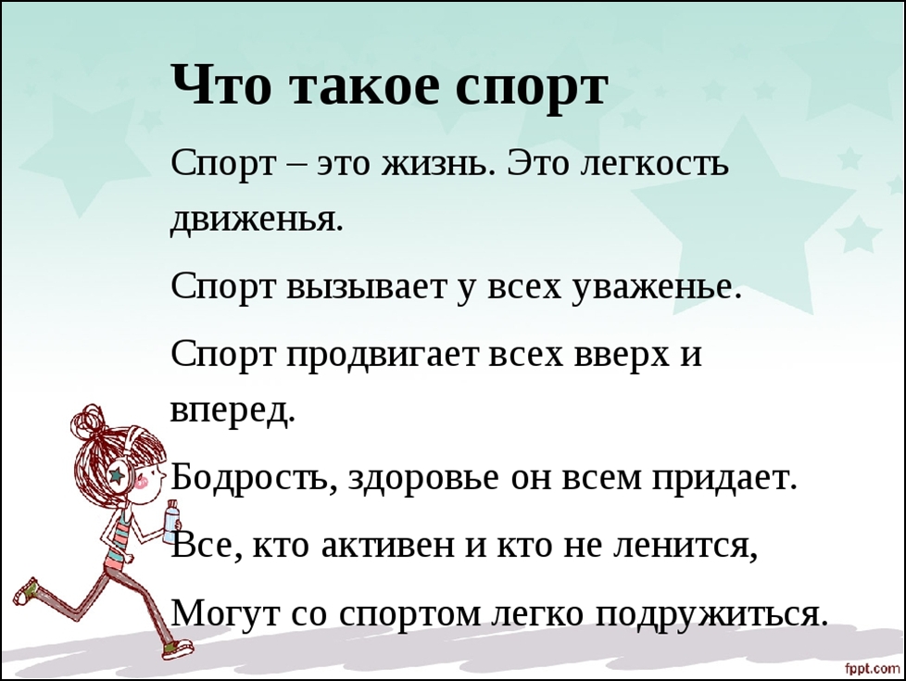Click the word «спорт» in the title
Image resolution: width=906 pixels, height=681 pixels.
coord(531,87)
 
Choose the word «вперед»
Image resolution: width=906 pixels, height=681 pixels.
coord(233,411)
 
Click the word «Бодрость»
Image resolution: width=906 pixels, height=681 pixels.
coord(254,478)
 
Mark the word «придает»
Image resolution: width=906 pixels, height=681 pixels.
coord(724,479)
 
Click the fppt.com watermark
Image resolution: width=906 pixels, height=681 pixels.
coord(873,668)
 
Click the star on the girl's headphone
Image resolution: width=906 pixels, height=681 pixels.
coord(118,475)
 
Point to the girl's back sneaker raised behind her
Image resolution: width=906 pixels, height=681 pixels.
coord(27,591)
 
